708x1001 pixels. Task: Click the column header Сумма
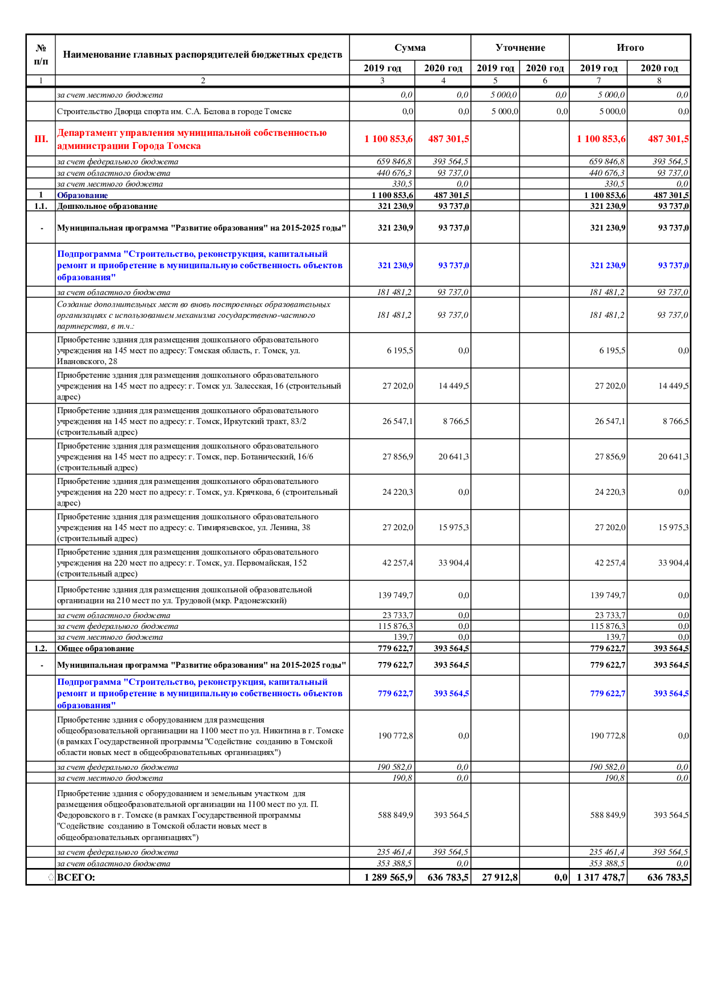point(409,47)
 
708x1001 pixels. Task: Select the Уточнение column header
point(520,47)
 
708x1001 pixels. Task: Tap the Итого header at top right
point(629,47)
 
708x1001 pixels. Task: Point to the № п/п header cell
point(41,55)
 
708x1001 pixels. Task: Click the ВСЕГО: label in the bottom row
point(76,877)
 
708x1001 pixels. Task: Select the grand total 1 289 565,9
point(388,877)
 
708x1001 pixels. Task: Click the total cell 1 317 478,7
point(601,877)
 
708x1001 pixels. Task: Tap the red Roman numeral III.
point(41,139)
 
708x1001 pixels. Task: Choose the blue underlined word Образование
point(82,195)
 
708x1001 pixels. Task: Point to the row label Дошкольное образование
point(107,206)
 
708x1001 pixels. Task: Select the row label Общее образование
point(95,648)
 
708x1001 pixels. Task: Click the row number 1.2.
point(41,648)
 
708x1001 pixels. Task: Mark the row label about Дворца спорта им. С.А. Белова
point(174,111)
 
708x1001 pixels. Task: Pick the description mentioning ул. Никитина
point(200,736)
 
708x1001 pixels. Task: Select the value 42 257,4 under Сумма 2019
point(397,563)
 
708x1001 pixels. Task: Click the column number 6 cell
point(544,80)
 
